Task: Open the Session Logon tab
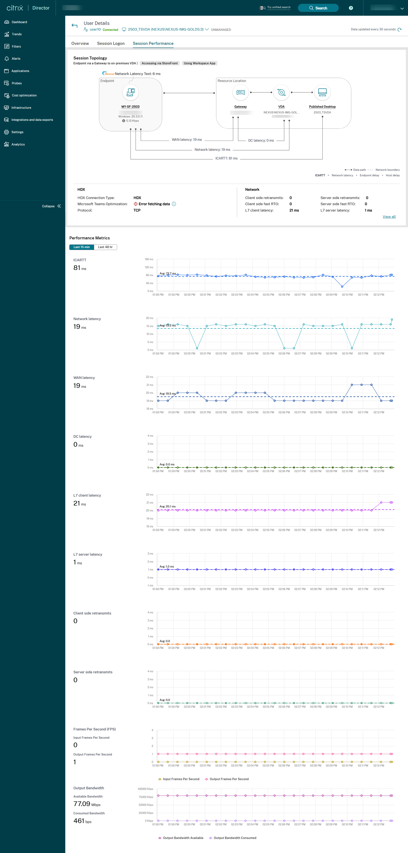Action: click(x=111, y=43)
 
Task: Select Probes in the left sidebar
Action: click(x=17, y=83)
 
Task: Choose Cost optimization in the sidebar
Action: click(x=24, y=95)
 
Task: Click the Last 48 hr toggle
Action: click(x=105, y=247)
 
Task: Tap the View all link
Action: click(x=389, y=217)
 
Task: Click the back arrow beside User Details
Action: click(x=75, y=25)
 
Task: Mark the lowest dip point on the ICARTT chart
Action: click(x=342, y=287)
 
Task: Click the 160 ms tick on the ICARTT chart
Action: click(x=149, y=259)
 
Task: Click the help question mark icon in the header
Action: click(x=351, y=8)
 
